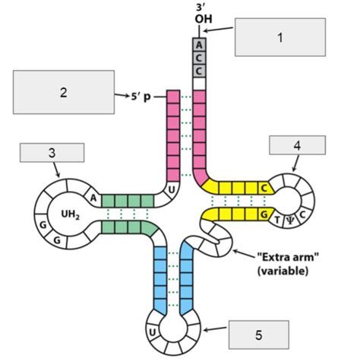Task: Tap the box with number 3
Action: point(51,153)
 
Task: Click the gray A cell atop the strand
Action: point(199,44)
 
